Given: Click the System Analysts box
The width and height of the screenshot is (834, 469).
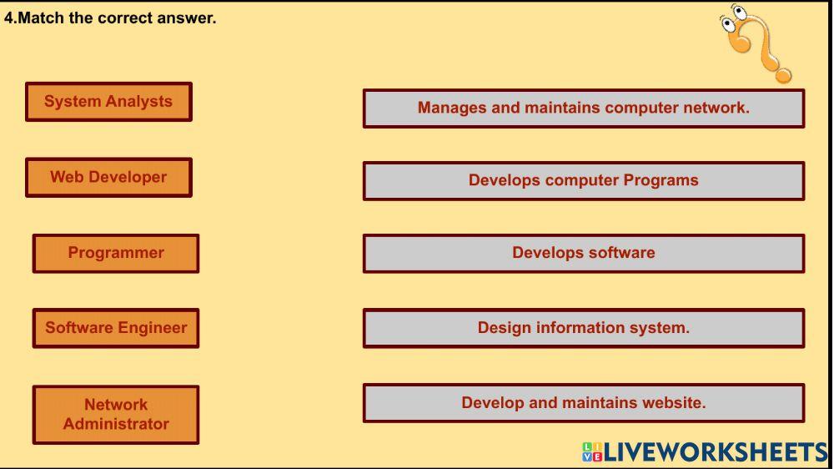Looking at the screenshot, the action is pos(108,102).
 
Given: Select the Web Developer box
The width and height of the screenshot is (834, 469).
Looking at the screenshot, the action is pos(108,177).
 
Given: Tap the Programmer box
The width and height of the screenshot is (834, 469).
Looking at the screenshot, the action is pos(116,254).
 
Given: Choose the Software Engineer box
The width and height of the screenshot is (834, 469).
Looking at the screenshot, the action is pos(116,328).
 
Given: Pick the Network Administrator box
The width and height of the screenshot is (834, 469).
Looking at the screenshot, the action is pos(116,415).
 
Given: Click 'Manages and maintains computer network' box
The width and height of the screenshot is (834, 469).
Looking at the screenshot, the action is pos(584,108).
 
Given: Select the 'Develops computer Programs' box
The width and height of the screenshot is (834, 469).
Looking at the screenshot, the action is pos(584,181).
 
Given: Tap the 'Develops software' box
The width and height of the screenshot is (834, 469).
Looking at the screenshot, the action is pos(584,254).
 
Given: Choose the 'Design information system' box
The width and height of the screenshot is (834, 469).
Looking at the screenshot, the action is pos(584,328).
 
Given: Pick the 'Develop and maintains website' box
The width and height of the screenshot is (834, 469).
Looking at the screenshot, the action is pos(584,403).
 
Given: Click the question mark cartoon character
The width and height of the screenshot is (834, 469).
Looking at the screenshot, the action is pos(756,43).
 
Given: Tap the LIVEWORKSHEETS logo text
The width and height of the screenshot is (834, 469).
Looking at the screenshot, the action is pos(705,452).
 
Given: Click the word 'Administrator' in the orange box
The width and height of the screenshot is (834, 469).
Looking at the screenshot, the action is pos(116,424).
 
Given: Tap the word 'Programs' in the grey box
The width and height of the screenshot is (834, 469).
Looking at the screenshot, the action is pos(661,181).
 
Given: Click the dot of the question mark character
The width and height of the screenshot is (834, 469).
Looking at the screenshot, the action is pos(783,75).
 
